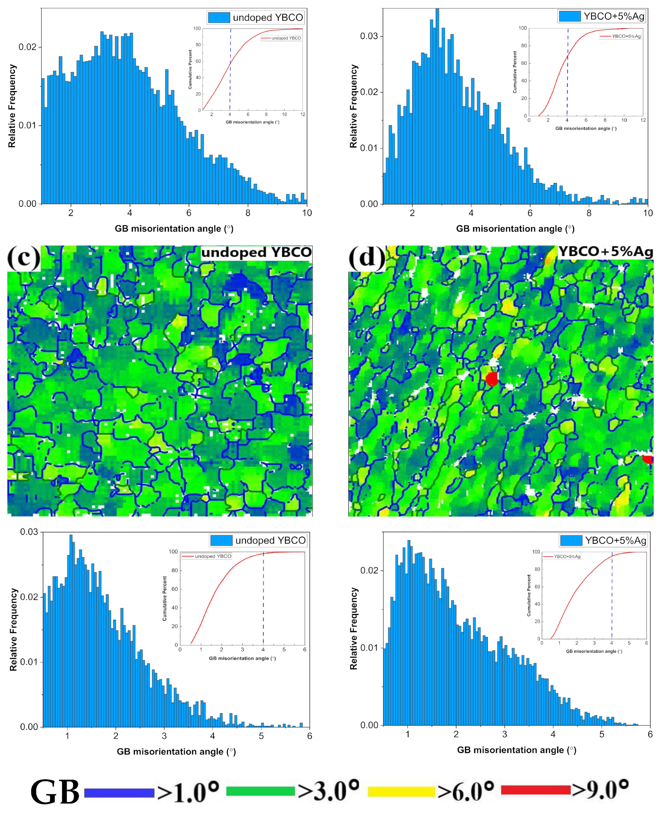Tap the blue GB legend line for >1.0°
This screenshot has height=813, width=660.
click(119, 792)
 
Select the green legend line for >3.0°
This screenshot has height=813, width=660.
click(260, 791)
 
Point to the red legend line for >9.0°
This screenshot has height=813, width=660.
click(536, 789)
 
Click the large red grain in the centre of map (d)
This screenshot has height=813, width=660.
click(492, 379)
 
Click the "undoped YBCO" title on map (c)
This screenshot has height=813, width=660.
click(256, 253)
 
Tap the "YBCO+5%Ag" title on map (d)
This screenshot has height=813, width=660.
click(605, 252)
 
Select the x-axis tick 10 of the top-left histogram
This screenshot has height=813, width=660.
click(307, 213)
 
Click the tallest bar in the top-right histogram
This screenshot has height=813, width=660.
click(437, 106)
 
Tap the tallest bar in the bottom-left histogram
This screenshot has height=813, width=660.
click(71, 631)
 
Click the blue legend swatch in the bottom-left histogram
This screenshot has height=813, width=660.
click(221, 540)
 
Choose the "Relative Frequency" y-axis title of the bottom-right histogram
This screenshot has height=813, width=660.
click(354, 629)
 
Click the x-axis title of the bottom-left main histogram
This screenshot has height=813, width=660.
click(176, 752)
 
